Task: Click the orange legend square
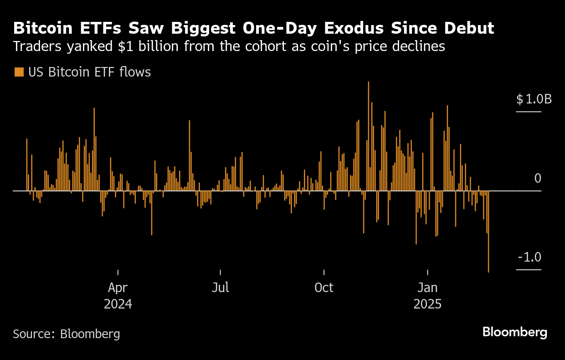pyautogui.click(x=19, y=72)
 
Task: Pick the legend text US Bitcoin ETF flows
pyautogui.click(x=89, y=72)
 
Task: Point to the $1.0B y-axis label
pyautogui.click(x=534, y=99)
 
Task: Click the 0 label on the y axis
pyautogui.click(x=538, y=178)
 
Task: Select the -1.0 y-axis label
pyautogui.click(x=529, y=257)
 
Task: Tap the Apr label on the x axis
pyautogui.click(x=118, y=288)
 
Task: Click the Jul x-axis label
pyautogui.click(x=221, y=288)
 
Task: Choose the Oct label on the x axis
pyautogui.click(x=324, y=288)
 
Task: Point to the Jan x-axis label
pyautogui.click(x=427, y=288)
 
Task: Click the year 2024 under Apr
pyautogui.click(x=118, y=304)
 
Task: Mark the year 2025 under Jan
pyautogui.click(x=427, y=304)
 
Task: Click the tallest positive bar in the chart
pyautogui.click(x=368, y=137)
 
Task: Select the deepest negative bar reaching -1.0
pyautogui.click(x=488, y=232)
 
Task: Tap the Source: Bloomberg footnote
pyautogui.click(x=67, y=334)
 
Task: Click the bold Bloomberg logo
pyautogui.click(x=514, y=332)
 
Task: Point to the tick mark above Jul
pyautogui.click(x=221, y=273)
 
